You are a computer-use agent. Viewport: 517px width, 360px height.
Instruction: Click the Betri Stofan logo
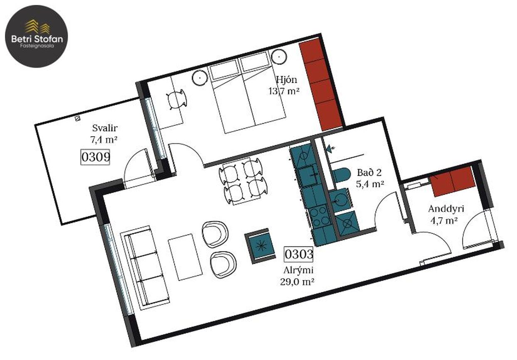[37, 36]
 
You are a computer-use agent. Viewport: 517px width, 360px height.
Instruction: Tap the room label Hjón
[287, 80]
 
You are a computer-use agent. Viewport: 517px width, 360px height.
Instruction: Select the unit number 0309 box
[95, 157]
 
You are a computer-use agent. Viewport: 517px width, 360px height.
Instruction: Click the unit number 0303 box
[298, 255]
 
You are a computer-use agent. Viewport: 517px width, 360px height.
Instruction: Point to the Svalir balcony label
[105, 128]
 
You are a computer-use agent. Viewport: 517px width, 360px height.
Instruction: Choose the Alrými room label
[298, 270]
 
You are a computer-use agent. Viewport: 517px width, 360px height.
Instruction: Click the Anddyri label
[446, 209]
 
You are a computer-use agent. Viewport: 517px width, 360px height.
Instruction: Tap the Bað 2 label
[369, 172]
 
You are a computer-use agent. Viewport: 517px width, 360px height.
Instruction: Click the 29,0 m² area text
[297, 282]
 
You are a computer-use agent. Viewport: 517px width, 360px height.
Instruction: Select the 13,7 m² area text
[284, 91]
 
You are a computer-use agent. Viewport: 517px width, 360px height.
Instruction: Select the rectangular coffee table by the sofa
[185, 257]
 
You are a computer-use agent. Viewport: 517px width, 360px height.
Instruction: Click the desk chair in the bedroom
[176, 100]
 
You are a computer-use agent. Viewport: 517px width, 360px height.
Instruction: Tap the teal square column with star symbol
[260, 246]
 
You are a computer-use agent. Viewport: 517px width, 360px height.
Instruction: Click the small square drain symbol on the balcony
[78, 118]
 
